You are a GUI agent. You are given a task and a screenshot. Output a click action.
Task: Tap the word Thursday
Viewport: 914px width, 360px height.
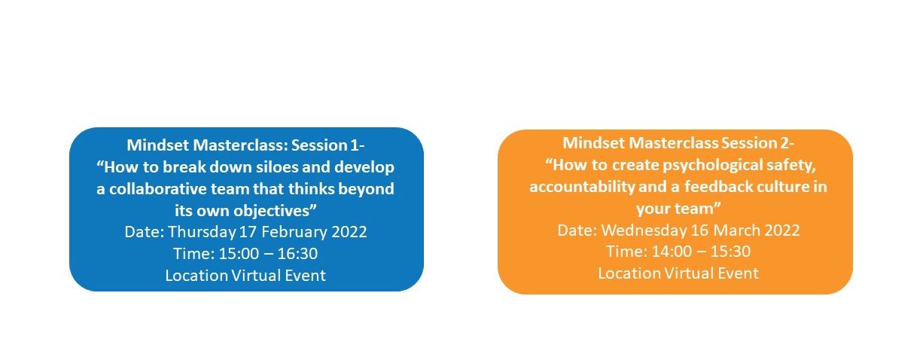coord(202,232)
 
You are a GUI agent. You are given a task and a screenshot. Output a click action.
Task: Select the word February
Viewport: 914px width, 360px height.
coord(294,232)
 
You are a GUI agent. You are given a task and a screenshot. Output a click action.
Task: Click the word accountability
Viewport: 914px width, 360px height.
coord(582,187)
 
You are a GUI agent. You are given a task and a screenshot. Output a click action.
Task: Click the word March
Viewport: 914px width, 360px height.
coord(736,230)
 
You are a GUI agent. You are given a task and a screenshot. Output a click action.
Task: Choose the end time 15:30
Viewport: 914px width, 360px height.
coord(730,252)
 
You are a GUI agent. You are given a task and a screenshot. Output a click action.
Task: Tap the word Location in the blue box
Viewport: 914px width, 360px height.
coord(197,276)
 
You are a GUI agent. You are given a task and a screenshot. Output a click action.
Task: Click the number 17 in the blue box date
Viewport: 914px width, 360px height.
coord(248,232)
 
